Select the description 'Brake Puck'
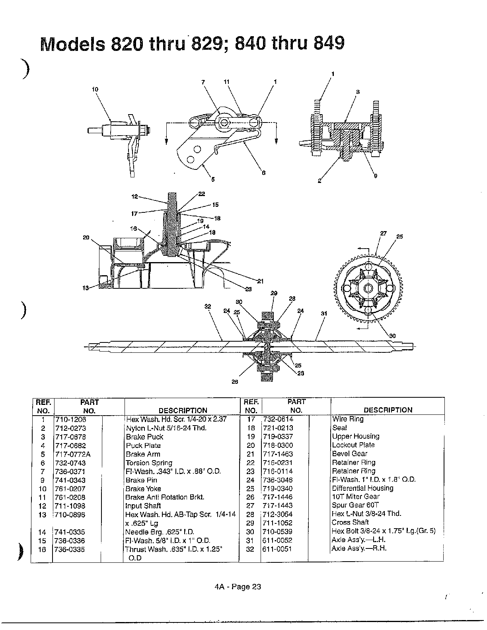[144, 437]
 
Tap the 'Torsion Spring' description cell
[149, 463]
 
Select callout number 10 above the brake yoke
[95, 90]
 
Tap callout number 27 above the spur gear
[383, 233]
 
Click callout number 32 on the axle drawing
[207, 306]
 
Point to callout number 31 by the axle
[324, 313]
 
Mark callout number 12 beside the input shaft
[134, 196]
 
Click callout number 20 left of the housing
[86, 237]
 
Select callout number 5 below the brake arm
[212, 179]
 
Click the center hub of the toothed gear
[367, 288]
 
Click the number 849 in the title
[328, 44]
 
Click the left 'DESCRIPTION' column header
[183, 410]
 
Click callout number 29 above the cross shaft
[274, 293]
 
